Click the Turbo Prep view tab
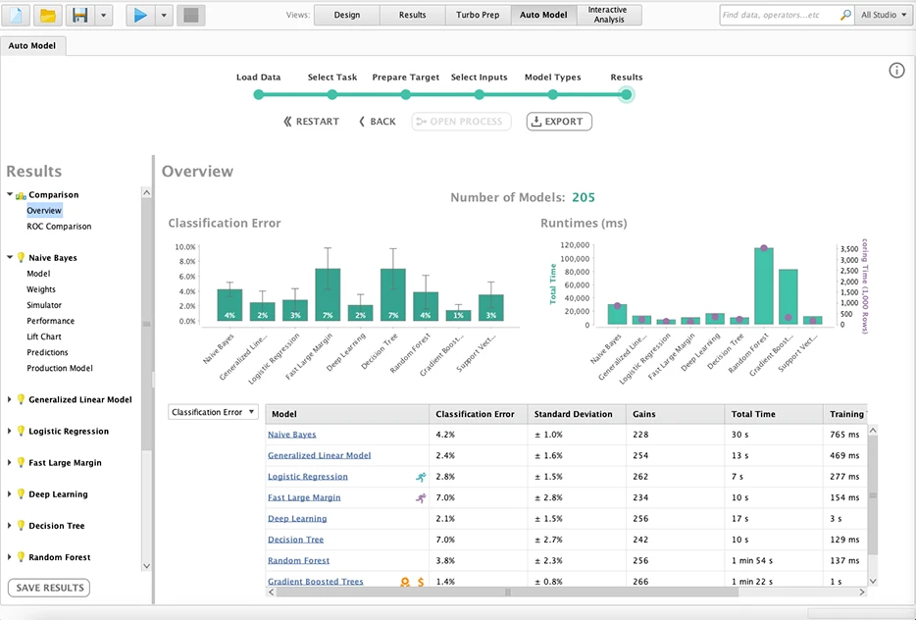tap(478, 15)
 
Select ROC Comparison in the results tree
tap(59, 227)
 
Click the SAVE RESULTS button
tap(49, 588)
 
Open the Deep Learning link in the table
tap(297, 519)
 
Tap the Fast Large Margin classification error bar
tap(328, 294)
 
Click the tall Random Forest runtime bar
tap(764, 284)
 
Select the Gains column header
tap(645, 414)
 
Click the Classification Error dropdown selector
tap(214, 413)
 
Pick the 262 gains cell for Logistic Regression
tap(641, 477)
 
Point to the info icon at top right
tap(896, 71)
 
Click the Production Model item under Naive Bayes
tap(59, 369)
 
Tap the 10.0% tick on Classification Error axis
tap(185, 247)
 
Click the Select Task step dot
tap(332, 94)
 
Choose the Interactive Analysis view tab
tap(608, 15)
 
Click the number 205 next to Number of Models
tap(584, 197)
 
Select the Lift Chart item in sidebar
tap(44, 336)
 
